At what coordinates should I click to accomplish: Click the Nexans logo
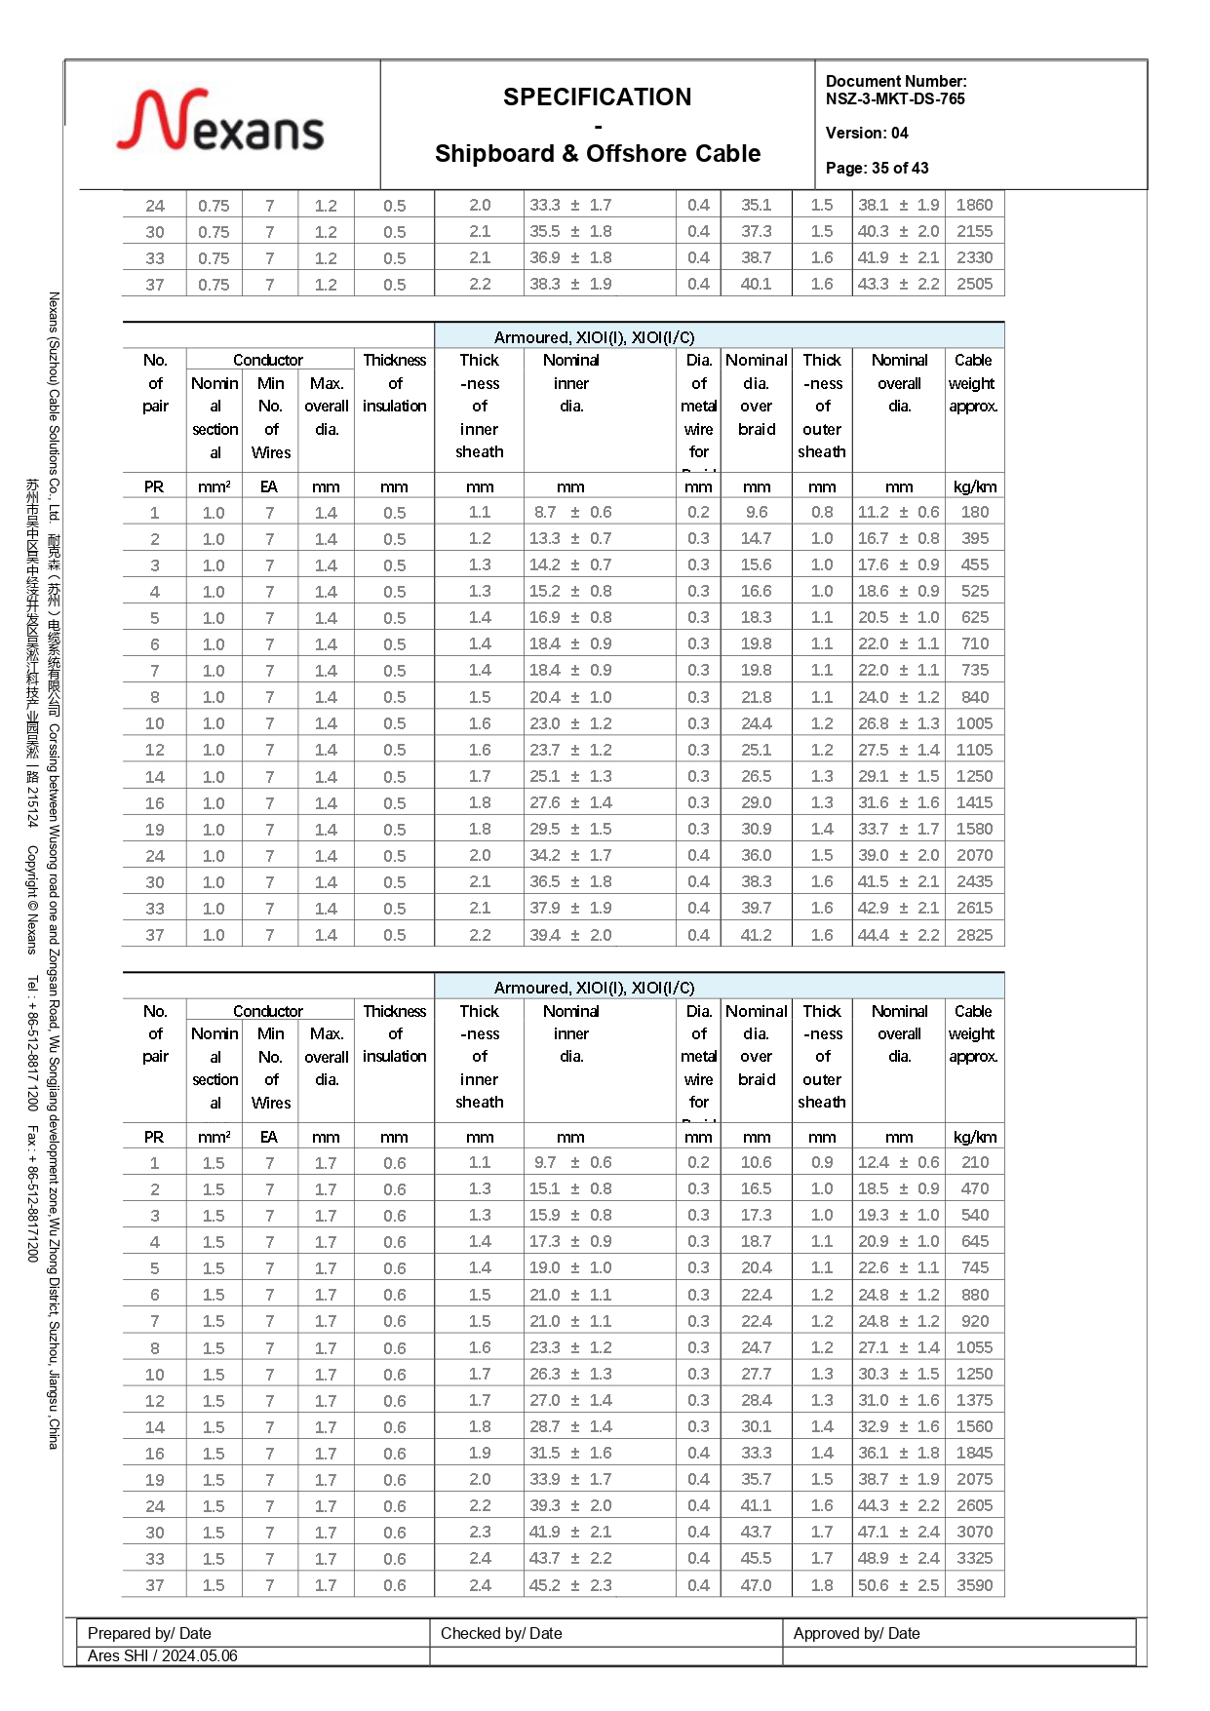[x=220, y=122]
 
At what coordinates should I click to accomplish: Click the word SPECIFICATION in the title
[x=597, y=97]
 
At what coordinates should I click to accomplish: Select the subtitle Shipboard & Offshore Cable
[x=597, y=154]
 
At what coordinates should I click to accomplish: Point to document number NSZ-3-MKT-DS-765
[x=895, y=98]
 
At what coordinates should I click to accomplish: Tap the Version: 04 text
[x=866, y=134]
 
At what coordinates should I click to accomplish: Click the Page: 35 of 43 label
[x=877, y=169]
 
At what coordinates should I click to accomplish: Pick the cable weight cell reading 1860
[x=974, y=206]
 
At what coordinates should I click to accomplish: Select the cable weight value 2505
[x=974, y=285]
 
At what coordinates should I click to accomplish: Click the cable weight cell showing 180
[x=974, y=513]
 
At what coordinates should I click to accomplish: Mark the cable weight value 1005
[x=974, y=723]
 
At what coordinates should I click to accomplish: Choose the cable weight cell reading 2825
[x=974, y=935]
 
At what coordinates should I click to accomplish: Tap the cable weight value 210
[x=974, y=1163]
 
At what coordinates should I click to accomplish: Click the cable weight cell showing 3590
[x=974, y=1585]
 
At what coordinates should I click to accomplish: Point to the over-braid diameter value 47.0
[x=756, y=1585]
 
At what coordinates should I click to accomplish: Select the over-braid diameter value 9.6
[x=757, y=513]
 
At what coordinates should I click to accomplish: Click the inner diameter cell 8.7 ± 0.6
[x=572, y=513]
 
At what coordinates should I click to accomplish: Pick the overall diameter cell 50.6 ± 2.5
[x=898, y=1585]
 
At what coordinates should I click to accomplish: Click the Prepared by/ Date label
[x=149, y=1633]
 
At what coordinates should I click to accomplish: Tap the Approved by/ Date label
[x=856, y=1633]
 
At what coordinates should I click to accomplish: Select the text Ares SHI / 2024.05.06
[x=162, y=1655]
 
